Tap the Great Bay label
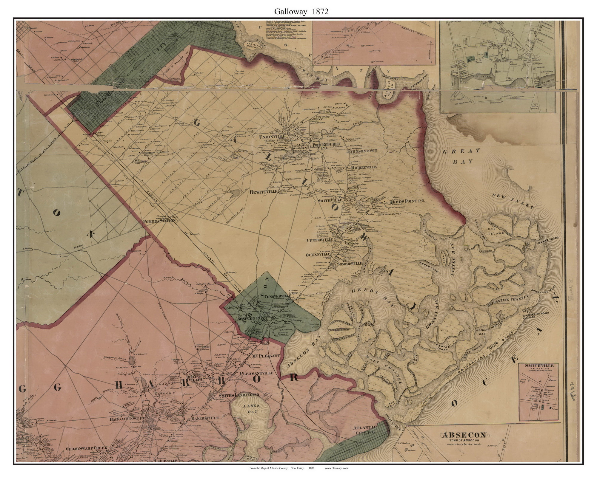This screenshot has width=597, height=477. pos(461,156)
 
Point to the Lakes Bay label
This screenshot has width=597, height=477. pos(251,410)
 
